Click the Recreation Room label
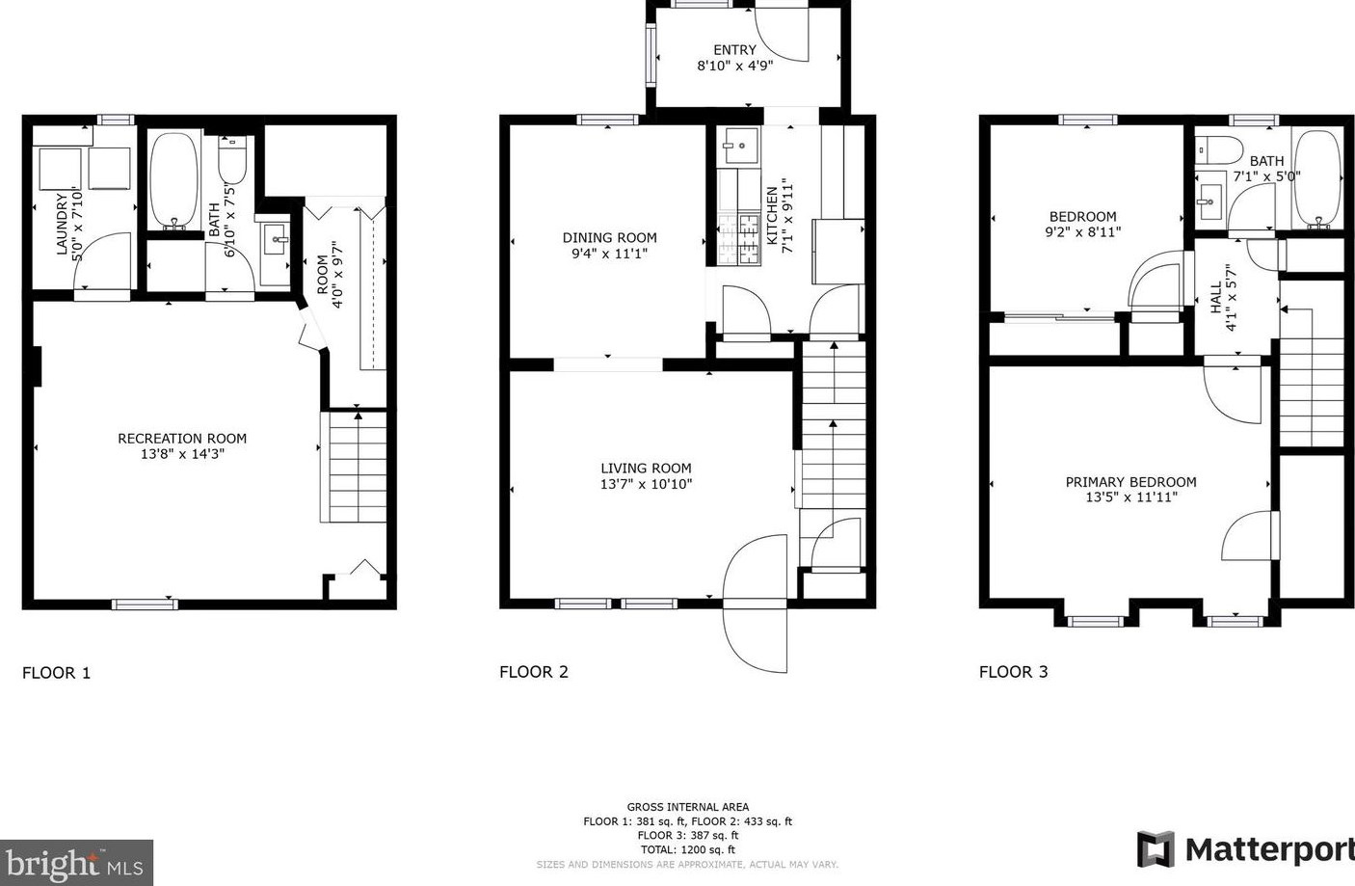(x=182, y=439)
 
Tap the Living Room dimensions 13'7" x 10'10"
(x=646, y=484)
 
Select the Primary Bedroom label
(x=1130, y=482)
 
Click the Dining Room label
(x=609, y=237)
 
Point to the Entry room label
(x=734, y=50)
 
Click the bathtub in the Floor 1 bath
(x=173, y=181)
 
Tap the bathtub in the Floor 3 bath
(x=1315, y=178)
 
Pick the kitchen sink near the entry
(x=739, y=147)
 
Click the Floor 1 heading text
(x=56, y=673)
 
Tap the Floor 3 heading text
(x=1013, y=672)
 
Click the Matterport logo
(x=1245, y=849)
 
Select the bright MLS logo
(x=76, y=862)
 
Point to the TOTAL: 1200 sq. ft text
(x=687, y=850)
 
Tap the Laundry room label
(x=63, y=224)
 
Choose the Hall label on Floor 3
(x=1215, y=298)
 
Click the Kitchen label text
(x=771, y=214)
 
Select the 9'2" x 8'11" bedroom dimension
(x=1083, y=232)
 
